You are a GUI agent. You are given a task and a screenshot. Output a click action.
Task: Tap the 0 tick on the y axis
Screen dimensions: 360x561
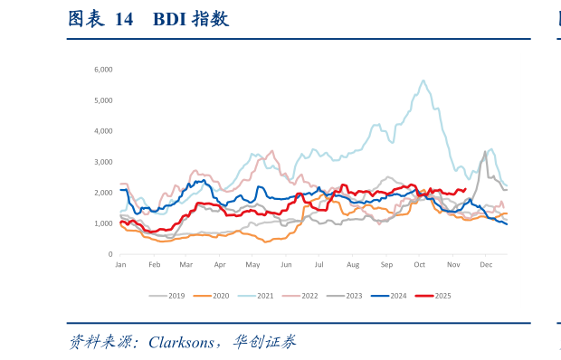click(x=109, y=254)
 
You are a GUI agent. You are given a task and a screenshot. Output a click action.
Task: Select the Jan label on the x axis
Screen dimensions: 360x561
click(x=119, y=264)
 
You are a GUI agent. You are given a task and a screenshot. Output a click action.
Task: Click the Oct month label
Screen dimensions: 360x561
click(x=419, y=264)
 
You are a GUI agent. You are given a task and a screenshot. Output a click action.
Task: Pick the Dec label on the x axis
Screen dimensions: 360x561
click(x=485, y=264)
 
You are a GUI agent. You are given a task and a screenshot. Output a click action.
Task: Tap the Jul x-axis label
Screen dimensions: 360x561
click(x=319, y=264)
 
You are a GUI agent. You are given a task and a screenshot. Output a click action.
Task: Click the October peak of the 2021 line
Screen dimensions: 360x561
click(x=423, y=81)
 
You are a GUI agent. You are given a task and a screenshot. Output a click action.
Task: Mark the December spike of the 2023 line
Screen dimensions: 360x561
click(x=485, y=152)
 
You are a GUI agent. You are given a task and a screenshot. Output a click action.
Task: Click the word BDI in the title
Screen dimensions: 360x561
click(x=169, y=18)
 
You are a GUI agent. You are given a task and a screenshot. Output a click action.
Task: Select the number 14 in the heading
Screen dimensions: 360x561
click(x=124, y=18)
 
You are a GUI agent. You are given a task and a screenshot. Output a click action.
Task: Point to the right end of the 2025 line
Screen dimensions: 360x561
click(x=464, y=189)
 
